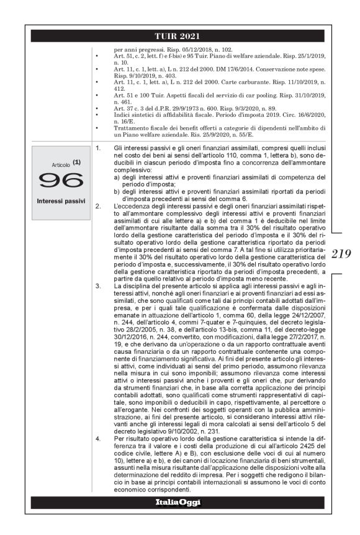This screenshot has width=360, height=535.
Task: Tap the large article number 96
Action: tap(60, 180)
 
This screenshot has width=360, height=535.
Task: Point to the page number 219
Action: tap(342, 253)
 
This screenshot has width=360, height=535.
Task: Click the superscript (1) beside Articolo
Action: tap(76, 162)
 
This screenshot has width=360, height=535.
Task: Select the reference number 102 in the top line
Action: tap(225, 48)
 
